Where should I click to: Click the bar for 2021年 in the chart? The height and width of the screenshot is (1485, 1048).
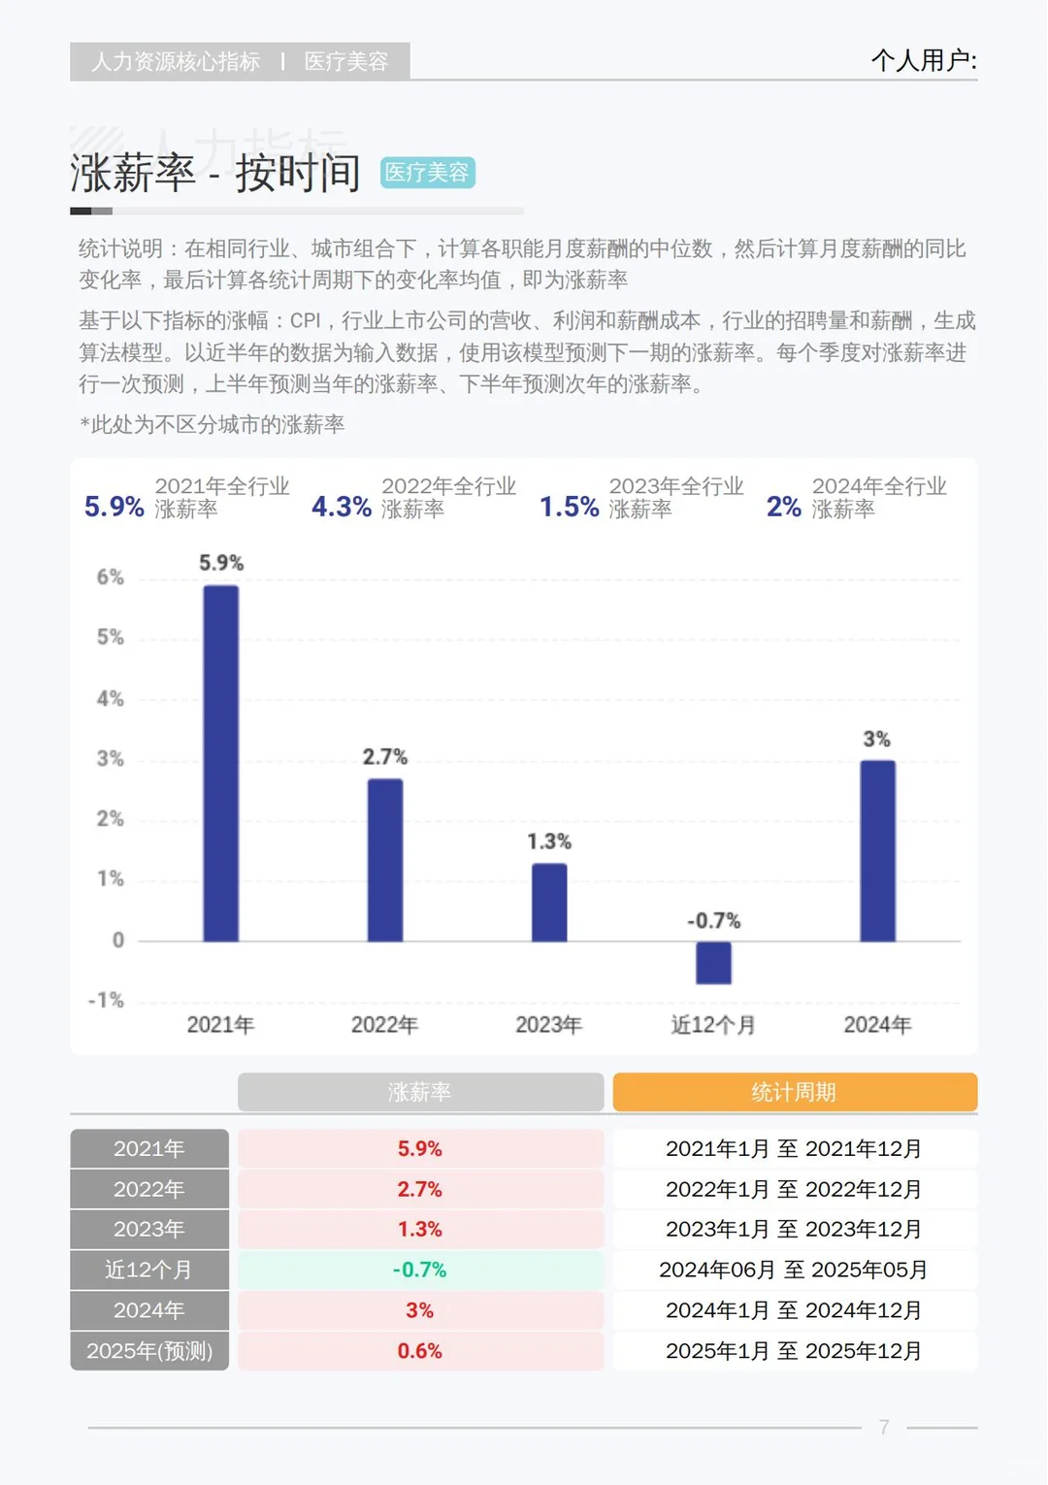[x=221, y=764]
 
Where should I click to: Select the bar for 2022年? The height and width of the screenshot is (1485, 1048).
[x=385, y=860]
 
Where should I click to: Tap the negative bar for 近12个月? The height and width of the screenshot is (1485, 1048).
[x=713, y=963]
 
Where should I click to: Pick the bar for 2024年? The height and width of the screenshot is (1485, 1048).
[x=877, y=851]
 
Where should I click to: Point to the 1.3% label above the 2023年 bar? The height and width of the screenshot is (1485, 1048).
[x=549, y=841]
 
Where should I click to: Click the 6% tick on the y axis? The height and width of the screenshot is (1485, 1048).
[x=111, y=577]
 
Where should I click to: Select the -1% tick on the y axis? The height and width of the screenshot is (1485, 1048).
[x=107, y=1001]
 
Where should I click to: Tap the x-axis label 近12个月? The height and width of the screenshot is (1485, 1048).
[x=713, y=1025]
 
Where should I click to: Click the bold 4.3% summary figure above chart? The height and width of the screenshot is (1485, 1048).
[x=341, y=507]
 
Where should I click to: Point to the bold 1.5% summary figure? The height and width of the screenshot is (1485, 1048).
[x=569, y=507]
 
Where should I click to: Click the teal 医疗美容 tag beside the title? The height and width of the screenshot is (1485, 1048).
[x=427, y=173]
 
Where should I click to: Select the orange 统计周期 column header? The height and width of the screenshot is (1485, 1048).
[x=794, y=1092]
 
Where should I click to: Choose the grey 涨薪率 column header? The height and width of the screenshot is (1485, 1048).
[x=420, y=1092]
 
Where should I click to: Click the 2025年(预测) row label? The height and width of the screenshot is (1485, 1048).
[x=149, y=1351]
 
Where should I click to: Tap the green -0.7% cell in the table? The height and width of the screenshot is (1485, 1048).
[x=420, y=1270]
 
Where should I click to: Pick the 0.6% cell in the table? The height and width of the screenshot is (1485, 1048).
[x=420, y=1351]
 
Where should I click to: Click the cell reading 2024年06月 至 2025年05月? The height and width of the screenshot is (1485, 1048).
[x=794, y=1270]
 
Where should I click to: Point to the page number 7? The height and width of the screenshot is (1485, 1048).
[x=884, y=1427]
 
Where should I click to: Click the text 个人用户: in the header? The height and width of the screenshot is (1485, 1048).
[x=923, y=61]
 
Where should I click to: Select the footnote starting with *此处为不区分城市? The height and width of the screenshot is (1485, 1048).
[x=212, y=424]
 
